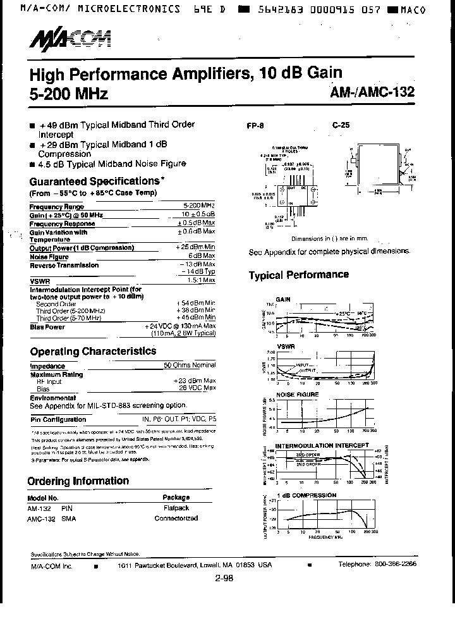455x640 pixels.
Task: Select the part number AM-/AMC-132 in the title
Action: pos(372,92)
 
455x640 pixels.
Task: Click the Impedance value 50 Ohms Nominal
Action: pos(190,366)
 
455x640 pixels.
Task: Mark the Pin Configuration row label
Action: pos(58,419)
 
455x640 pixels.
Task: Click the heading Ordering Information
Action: pos(79,481)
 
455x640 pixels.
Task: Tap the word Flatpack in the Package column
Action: pos(176,508)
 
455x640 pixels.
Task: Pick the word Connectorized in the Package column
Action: pos(176,518)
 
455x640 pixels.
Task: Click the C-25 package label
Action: pos(341,125)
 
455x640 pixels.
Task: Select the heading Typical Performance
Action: pos(298,274)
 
